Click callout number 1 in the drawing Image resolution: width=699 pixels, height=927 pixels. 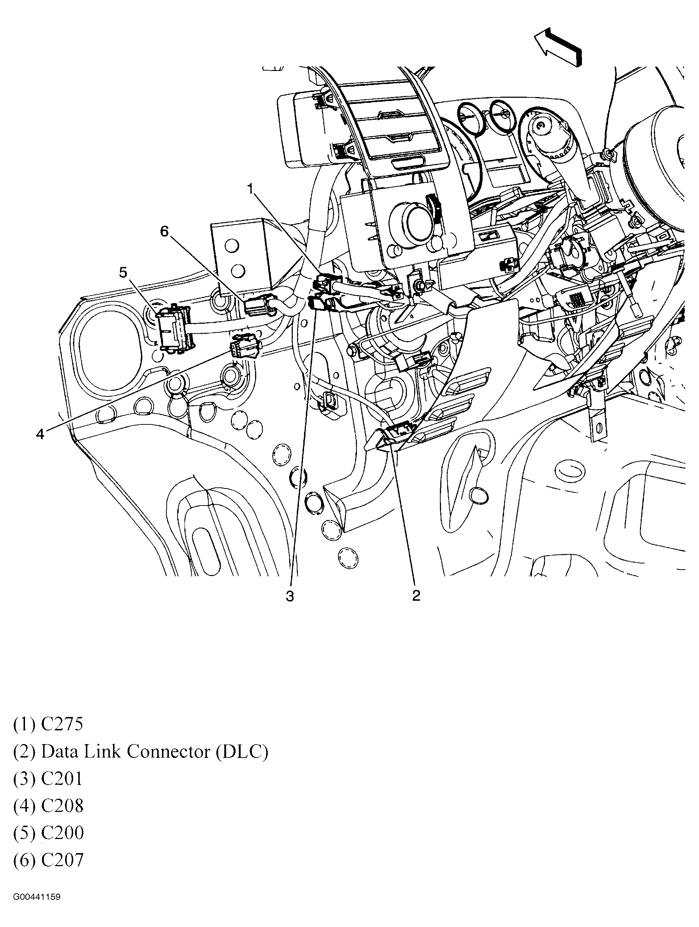tap(250, 189)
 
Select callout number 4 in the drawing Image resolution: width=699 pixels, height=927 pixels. tap(40, 434)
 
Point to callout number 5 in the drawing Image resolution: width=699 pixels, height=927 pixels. tap(123, 273)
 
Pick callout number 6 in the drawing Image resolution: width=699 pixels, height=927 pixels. tap(165, 231)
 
